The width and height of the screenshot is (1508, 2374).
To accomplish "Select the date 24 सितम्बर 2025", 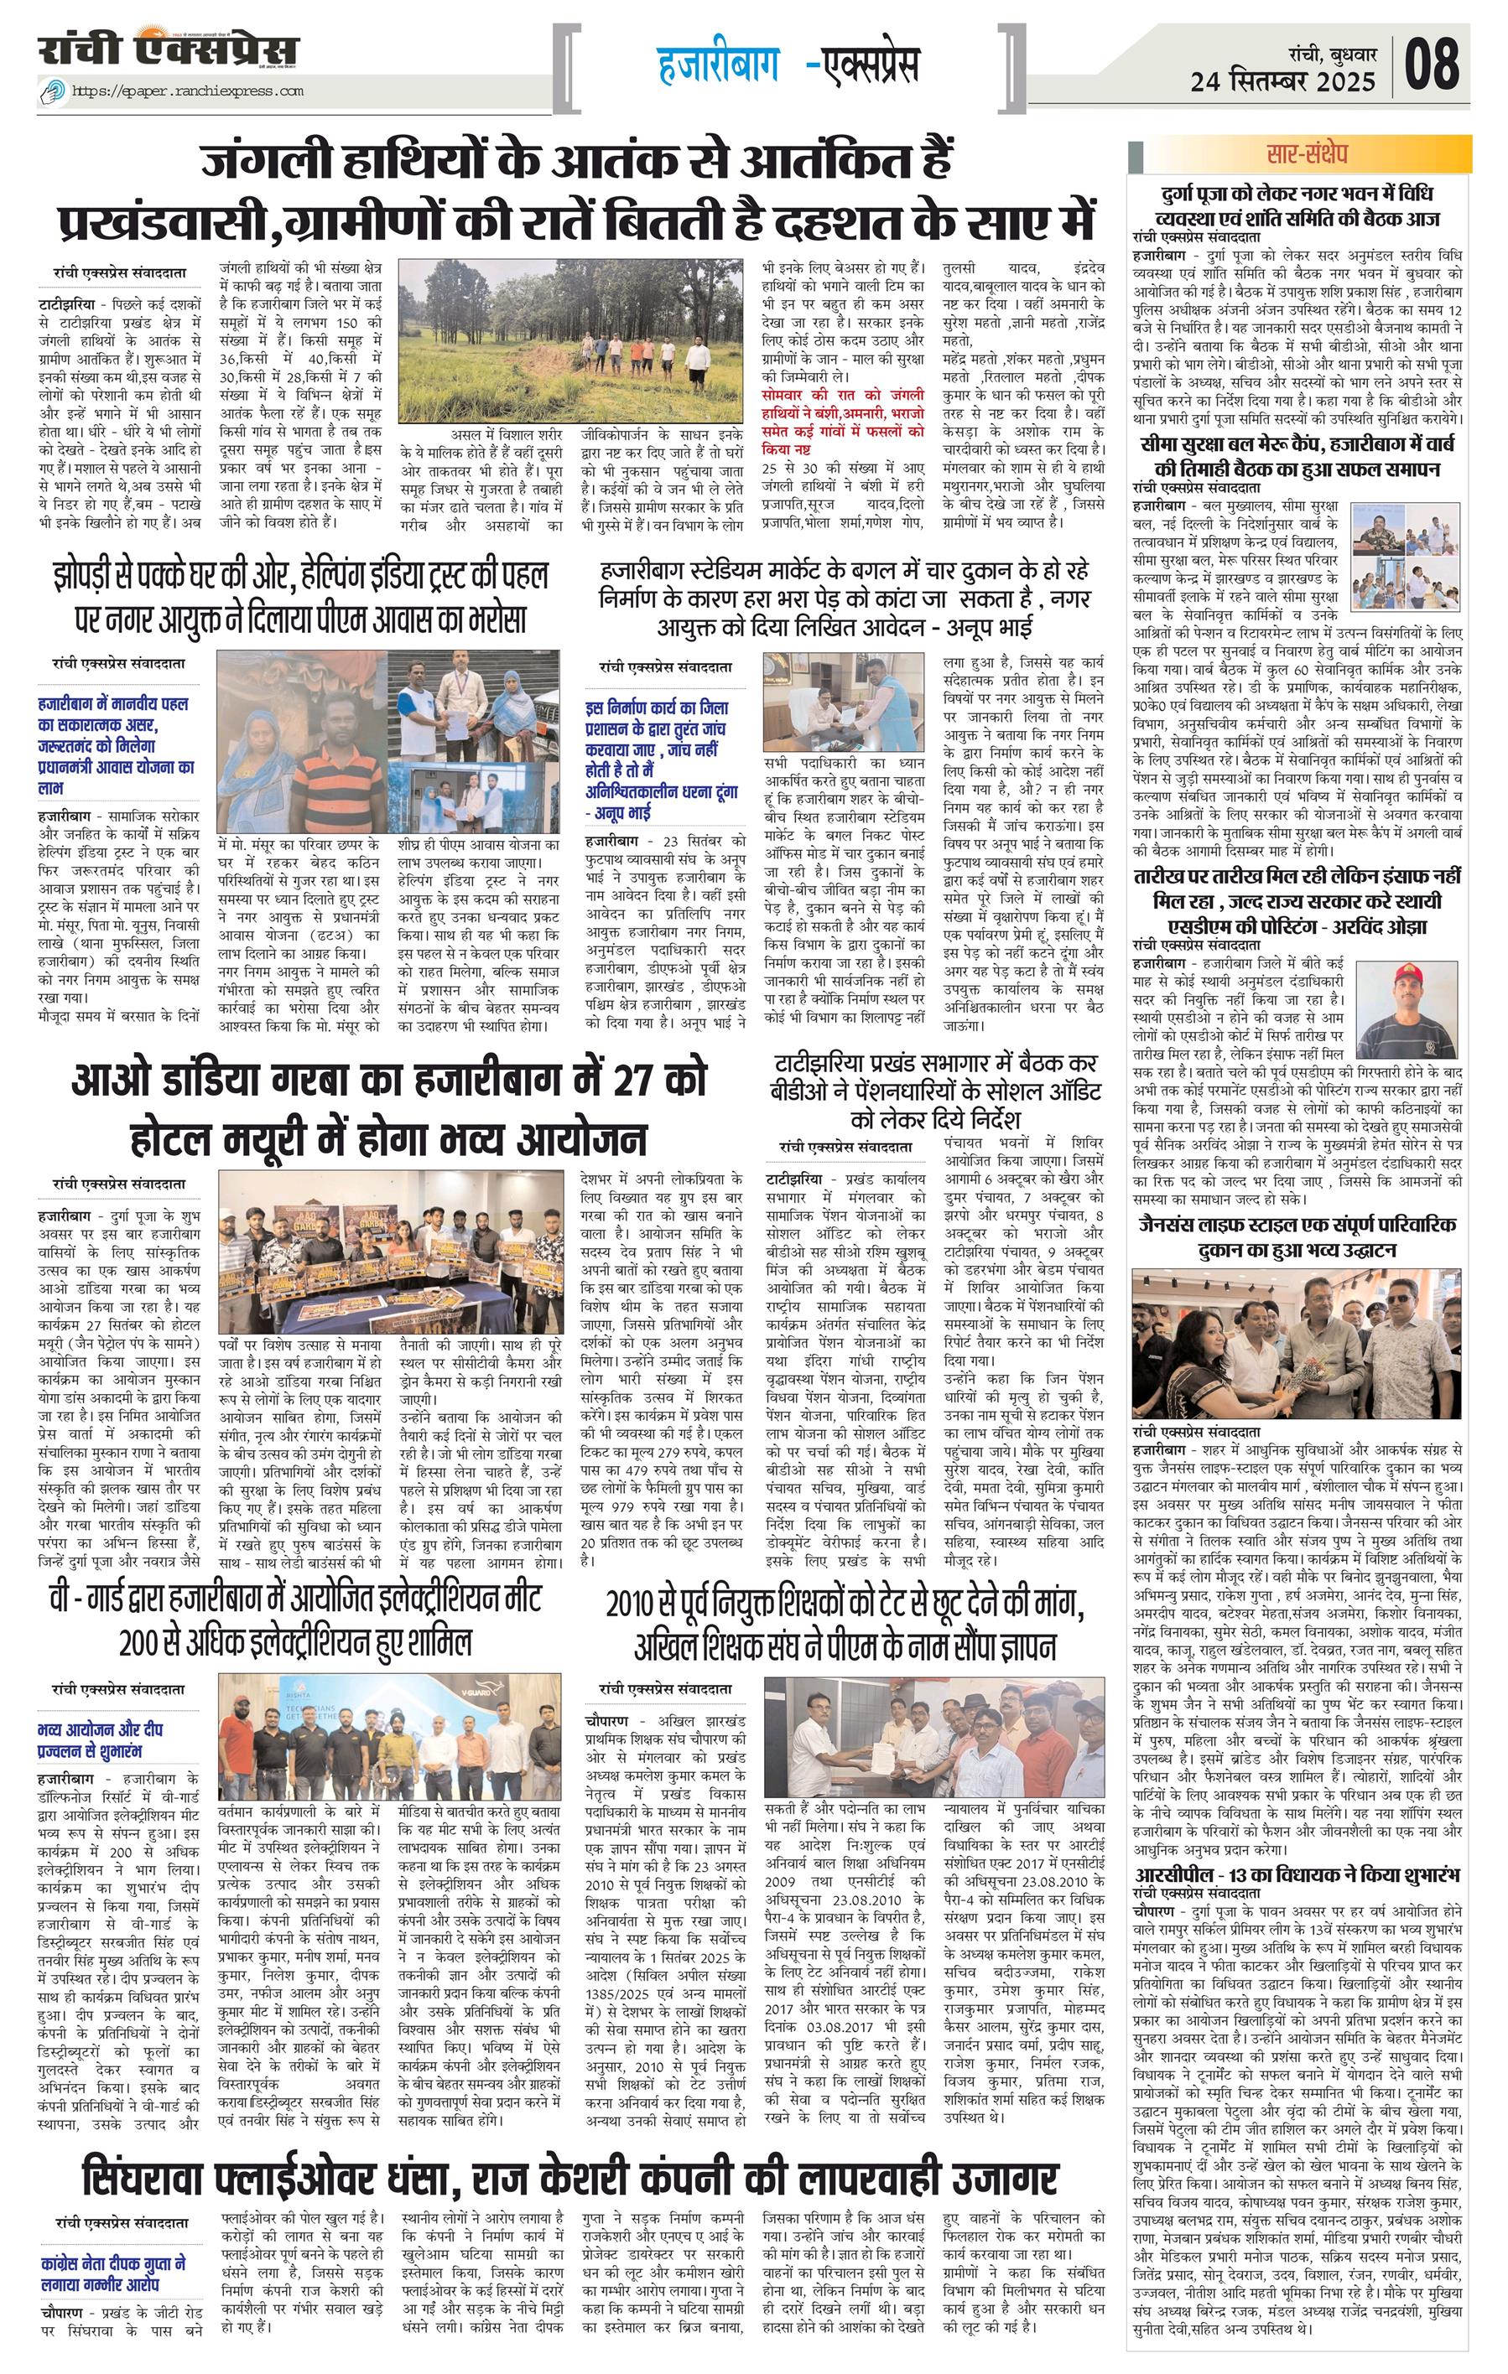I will click(x=1282, y=80).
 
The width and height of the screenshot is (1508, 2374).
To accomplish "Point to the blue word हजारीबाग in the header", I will click(x=718, y=65).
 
